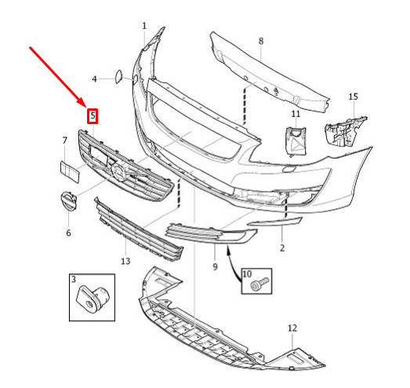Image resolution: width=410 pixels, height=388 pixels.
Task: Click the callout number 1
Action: [144, 26]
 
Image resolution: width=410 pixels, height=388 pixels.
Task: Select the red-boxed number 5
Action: [93, 115]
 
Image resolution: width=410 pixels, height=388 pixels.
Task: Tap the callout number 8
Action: [261, 41]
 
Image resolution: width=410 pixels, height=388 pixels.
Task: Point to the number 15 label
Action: [353, 97]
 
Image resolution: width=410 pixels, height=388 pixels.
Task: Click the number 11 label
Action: [296, 114]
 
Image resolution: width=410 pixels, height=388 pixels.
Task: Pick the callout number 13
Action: [125, 261]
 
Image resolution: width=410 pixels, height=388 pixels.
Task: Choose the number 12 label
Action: [292, 328]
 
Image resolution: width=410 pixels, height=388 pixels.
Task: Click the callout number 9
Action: [215, 267]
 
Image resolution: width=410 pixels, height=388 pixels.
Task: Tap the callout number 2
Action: [282, 248]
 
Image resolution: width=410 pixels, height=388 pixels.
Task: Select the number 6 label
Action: [68, 232]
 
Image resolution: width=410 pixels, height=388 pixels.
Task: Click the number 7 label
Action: [64, 141]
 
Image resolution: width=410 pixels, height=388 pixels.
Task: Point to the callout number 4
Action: [94, 79]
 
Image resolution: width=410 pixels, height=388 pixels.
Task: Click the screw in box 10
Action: [259, 284]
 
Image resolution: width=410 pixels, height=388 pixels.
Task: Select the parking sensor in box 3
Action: [92, 299]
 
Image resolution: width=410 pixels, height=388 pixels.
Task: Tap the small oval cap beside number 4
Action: [118, 76]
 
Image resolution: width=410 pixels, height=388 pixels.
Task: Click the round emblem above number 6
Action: [68, 202]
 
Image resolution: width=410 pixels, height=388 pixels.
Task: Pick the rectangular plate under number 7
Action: [70, 172]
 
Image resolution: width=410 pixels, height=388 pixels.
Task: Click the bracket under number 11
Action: [296, 141]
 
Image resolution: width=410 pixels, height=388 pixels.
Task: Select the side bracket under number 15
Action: [345, 131]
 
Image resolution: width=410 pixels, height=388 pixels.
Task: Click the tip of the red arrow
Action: [86, 108]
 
